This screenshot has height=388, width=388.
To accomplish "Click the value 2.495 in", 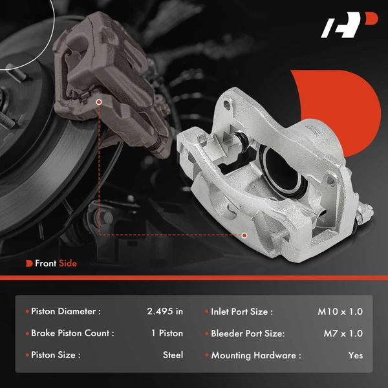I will (165, 312).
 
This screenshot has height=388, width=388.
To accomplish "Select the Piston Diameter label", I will (66, 312).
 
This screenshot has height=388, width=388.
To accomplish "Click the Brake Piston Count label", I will (72, 334).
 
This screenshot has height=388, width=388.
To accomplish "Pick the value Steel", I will (173, 355).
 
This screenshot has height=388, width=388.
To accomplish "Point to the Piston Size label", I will (55, 355).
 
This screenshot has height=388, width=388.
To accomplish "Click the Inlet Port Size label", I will (242, 312).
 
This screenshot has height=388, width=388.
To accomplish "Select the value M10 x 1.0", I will (340, 312).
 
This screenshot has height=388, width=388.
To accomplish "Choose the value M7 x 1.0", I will (343, 334).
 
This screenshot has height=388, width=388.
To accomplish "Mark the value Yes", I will (355, 355).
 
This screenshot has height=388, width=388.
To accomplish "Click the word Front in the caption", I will (46, 263).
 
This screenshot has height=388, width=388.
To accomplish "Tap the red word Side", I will (68, 263).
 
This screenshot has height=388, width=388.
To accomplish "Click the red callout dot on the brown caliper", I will (99, 102).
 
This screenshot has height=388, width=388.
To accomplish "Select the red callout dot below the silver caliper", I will (245, 235).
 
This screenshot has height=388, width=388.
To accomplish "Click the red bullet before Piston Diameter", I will (27, 312).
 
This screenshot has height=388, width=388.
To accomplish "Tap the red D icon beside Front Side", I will (29, 263).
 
